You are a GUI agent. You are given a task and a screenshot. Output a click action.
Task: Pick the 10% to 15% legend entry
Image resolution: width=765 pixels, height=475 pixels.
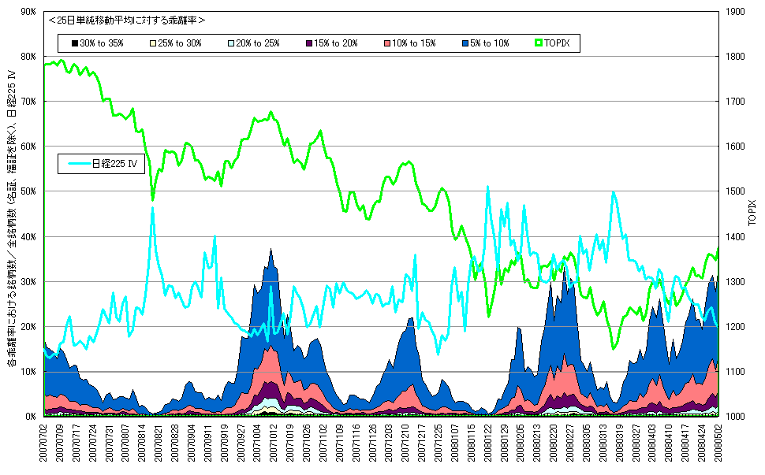coord(409,43)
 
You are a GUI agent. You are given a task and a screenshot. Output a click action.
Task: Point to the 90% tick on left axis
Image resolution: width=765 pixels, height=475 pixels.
coord(28,12)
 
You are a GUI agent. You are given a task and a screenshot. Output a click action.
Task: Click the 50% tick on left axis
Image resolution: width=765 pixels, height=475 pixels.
coord(28,191)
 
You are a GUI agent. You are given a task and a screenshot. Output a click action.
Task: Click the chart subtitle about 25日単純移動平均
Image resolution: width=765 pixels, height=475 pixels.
coord(126,20)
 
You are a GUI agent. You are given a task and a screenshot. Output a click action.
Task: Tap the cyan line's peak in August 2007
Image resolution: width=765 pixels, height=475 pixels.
coord(153,208)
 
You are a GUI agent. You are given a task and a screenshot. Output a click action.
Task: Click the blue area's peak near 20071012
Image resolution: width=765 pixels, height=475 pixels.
coord(271,250)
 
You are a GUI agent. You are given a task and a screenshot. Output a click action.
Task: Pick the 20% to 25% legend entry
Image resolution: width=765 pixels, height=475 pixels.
coord(254,43)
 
